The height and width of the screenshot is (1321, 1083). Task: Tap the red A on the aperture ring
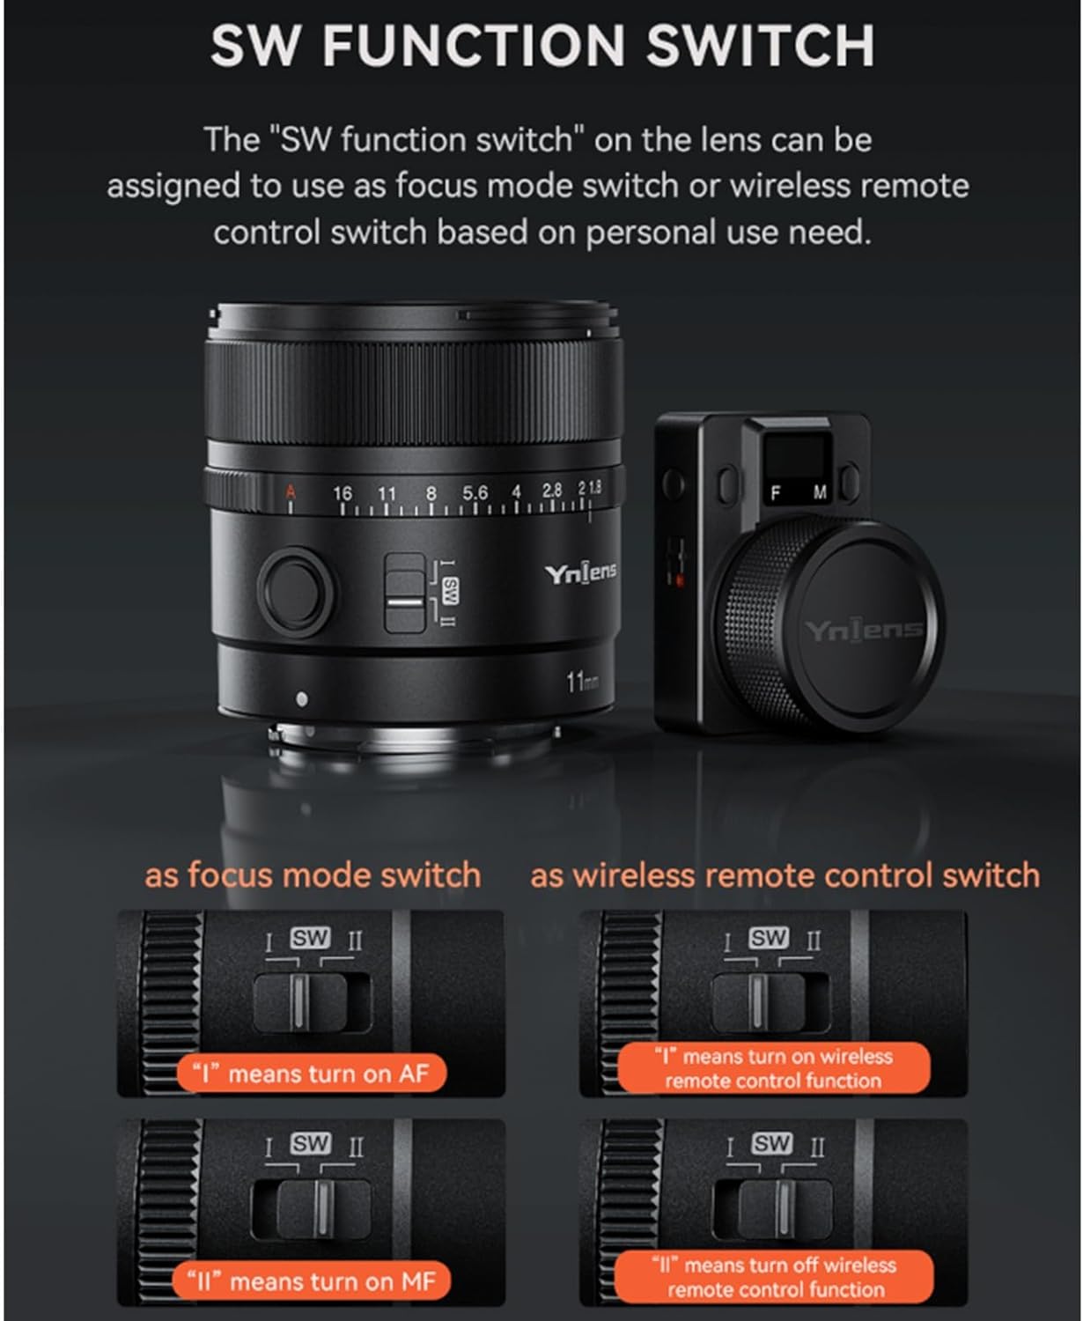tap(291, 492)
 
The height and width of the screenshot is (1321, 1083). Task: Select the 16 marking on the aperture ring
tap(343, 493)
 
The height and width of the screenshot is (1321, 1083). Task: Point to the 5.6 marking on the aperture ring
tap(475, 493)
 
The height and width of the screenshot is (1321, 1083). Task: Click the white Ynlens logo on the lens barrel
tap(579, 574)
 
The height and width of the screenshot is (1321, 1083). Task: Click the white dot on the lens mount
tap(302, 699)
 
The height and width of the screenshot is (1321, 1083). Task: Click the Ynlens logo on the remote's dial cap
tap(862, 630)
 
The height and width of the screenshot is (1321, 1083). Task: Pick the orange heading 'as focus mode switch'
tap(313, 875)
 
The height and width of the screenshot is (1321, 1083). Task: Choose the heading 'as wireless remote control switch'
tap(785, 875)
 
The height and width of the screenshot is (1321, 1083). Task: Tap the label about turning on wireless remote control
tap(774, 1068)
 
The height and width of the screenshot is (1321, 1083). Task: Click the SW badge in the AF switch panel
tap(310, 939)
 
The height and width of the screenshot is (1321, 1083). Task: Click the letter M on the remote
tap(820, 494)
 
